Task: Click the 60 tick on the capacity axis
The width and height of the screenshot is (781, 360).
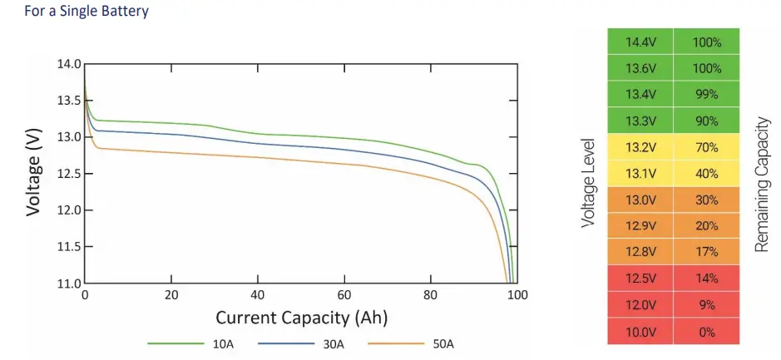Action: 344,296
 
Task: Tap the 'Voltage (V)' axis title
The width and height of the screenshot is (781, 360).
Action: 33,174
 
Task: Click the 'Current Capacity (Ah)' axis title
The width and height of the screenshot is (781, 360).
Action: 301,318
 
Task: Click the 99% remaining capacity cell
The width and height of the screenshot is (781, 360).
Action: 707,95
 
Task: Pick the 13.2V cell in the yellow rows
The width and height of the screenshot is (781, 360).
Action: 640,147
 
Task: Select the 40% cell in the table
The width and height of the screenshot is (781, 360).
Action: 707,174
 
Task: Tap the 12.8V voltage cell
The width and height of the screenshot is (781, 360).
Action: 640,252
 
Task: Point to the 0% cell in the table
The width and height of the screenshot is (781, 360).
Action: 707,330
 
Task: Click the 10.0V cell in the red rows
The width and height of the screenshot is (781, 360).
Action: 640,330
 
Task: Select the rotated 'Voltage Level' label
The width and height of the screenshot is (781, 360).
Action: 589,183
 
